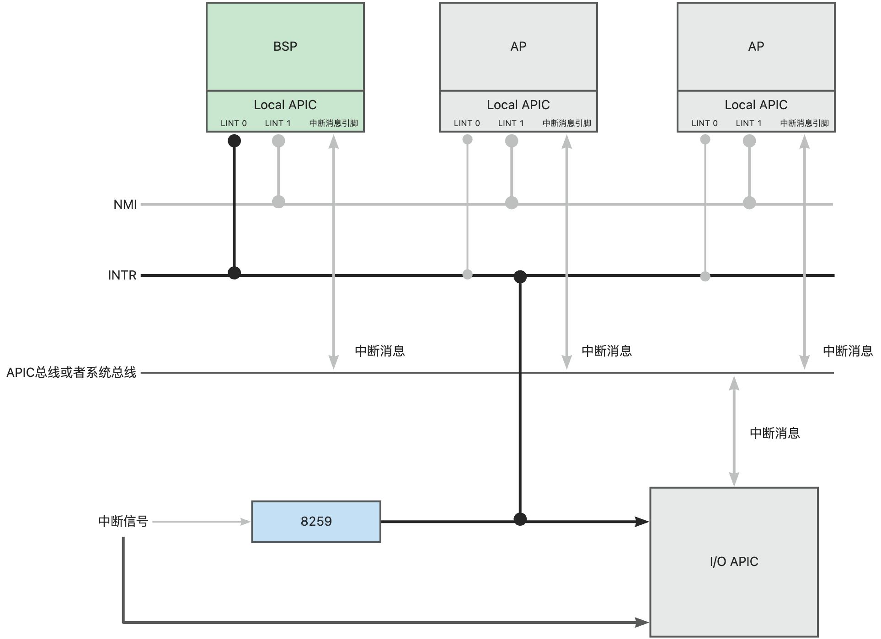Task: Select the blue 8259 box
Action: click(x=316, y=522)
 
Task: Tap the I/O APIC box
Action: click(x=734, y=561)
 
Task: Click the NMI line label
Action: click(x=125, y=204)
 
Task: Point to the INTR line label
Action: click(x=122, y=275)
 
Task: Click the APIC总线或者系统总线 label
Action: click(x=71, y=373)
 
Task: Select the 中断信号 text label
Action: click(x=123, y=521)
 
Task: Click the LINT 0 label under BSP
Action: click(x=234, y=123)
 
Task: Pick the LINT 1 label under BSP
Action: click(x=278, y=123)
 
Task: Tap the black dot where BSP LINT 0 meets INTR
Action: click(x=234, y=273)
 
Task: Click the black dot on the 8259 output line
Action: click(x=520, y=519)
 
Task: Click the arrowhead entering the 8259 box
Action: click(x=246, y=522)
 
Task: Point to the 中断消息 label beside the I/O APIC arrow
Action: click(x=774, y=433)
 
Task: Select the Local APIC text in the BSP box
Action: click(x=285, y=105)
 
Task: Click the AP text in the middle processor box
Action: click(x=518, y=46)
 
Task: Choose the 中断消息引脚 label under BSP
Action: click(x=333, y=123)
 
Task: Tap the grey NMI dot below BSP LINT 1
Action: click(x=278, y=201)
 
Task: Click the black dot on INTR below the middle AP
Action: click(x=520, y=276)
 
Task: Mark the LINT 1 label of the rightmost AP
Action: click(x=748, y=123)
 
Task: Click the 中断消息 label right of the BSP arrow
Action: click(x=379, y=351)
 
